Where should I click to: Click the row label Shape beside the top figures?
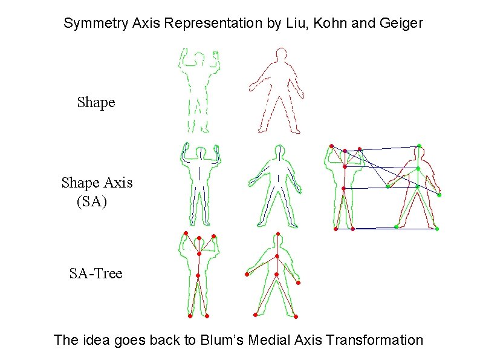[x=96, y=102]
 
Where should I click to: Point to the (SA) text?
[x=91, y=201]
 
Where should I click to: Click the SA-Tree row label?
[x=96, y=273]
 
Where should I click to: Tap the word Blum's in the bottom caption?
[x=226, y=340]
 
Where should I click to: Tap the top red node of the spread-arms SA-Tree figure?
[x=277, y=234]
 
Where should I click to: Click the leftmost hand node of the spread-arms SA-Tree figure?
[x=247, y=275]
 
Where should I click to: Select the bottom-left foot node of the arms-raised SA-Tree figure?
[x=190, y=316]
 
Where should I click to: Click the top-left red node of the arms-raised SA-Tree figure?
[x=186, y=233]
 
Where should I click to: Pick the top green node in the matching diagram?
[x=419, y=146]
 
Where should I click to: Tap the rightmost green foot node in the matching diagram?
[x=436, y=229]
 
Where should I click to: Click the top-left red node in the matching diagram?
[x=331, y=146]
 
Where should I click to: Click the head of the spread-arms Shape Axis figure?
[x=278, y=151]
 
